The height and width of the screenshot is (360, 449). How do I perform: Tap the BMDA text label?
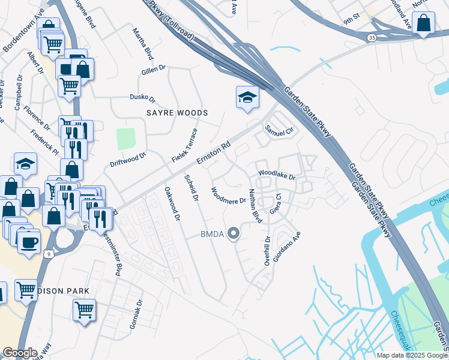tap(212, 235)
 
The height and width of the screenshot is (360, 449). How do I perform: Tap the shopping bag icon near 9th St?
tap(424, 23)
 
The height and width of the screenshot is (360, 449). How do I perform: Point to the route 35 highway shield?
tap(373, 37)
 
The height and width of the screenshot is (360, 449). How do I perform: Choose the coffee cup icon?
tap(28, 242)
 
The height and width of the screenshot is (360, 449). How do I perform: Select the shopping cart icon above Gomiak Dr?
tap(84, 310)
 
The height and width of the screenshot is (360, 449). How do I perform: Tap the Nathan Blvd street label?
tap(255, 206)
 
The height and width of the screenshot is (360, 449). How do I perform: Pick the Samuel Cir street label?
tap(279, 130)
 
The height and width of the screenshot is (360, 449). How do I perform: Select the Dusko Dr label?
tap(143, 97)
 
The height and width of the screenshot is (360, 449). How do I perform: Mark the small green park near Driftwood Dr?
tap(126, 139)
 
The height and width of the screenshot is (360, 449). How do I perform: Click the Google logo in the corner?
tap(20, 353)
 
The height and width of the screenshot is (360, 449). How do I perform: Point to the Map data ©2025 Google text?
tap(412, 355)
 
